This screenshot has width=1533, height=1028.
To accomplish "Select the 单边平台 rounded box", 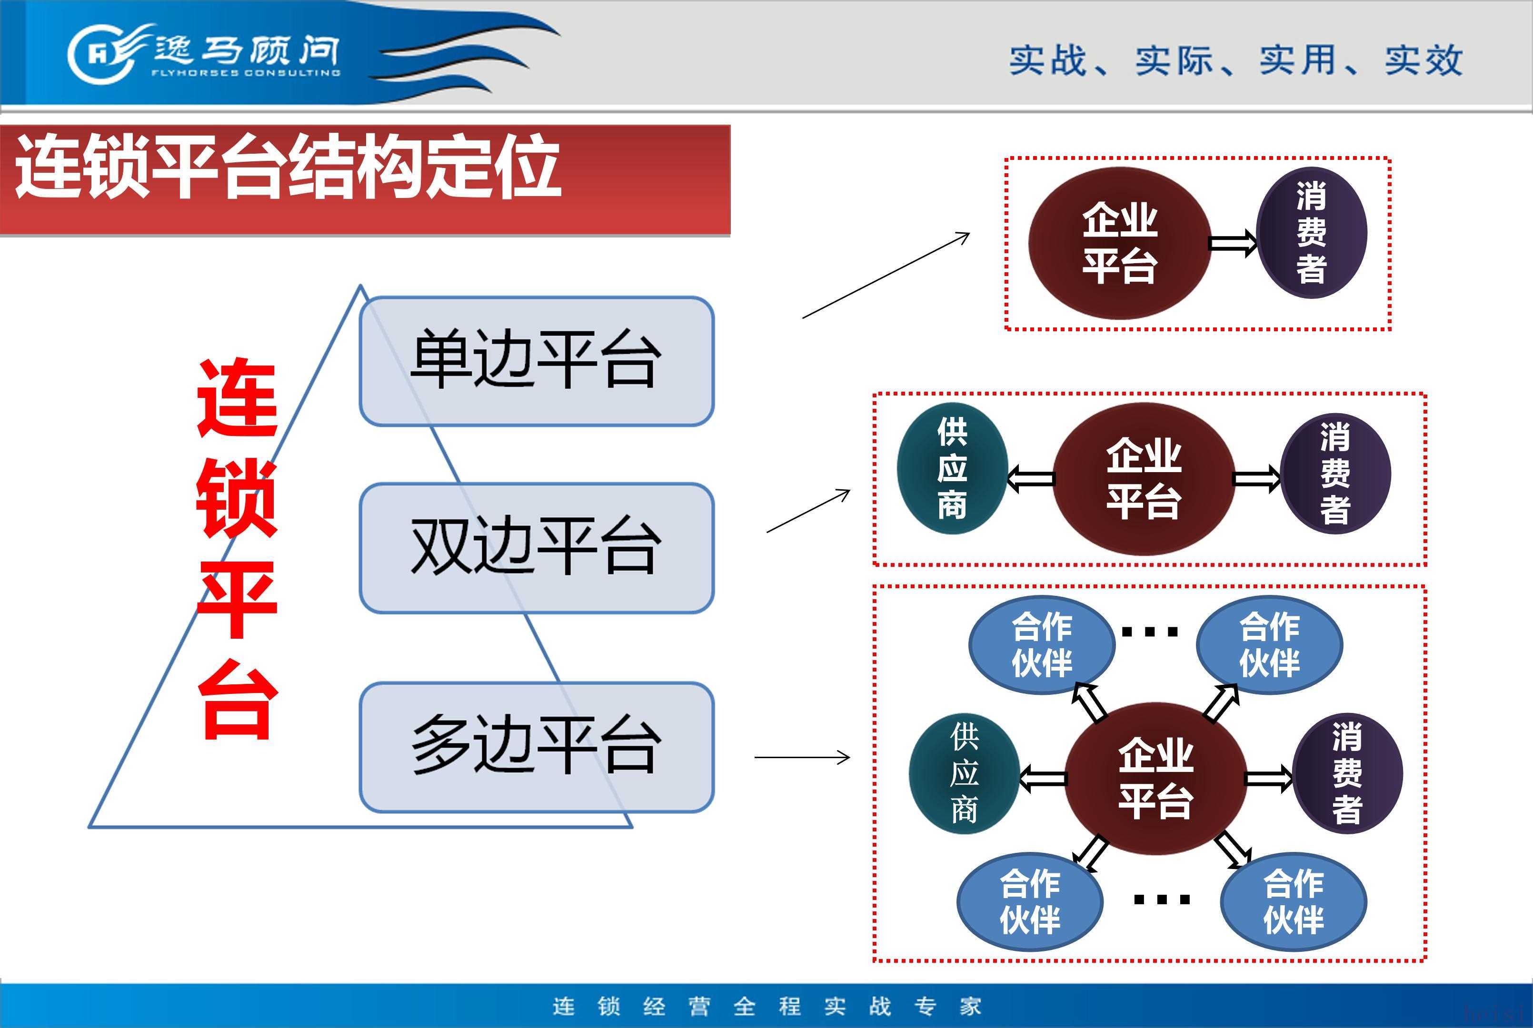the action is tap(537, 361).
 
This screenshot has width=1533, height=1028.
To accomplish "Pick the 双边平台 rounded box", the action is tap(537, 548).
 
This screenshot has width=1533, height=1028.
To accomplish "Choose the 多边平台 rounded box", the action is tap(537, 747).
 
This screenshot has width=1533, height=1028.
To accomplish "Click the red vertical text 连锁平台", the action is tap(238, 548).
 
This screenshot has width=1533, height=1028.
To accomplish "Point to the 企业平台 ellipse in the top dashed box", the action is tap(1119, 243).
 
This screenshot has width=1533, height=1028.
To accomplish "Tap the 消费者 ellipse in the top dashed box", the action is tap(1311, 233).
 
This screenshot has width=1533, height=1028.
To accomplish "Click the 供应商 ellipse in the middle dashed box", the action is tap(952, 468).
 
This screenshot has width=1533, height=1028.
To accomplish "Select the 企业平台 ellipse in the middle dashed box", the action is tap(1144, 479).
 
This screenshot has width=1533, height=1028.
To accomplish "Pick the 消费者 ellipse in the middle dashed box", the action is tap(1335, 474).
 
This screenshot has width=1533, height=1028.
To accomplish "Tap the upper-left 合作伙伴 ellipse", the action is tap(1042, 644).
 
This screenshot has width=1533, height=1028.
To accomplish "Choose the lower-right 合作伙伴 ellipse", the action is tap(1293, 901).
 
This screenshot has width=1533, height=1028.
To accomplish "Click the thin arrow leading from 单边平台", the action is tap(886, 276).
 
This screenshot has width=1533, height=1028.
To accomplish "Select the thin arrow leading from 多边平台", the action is tap(803, 757).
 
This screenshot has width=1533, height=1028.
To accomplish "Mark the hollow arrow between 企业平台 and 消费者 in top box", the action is tap(1233, 244).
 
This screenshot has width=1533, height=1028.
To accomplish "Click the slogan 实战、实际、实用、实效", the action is tap(1236, 60).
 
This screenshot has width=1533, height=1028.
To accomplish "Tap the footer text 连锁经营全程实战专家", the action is tap(766, 1006).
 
